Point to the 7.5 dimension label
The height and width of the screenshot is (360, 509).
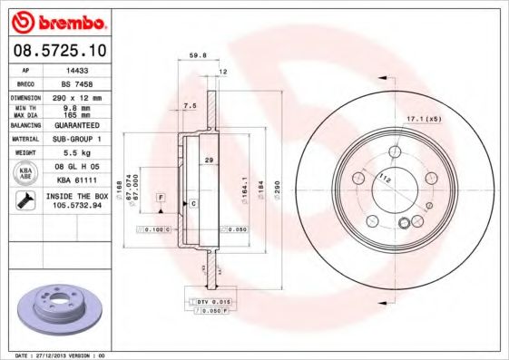pyautogui.click(x=189, y=105)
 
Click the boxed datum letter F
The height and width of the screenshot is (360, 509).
pyautogui.click(x=161, y=197)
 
